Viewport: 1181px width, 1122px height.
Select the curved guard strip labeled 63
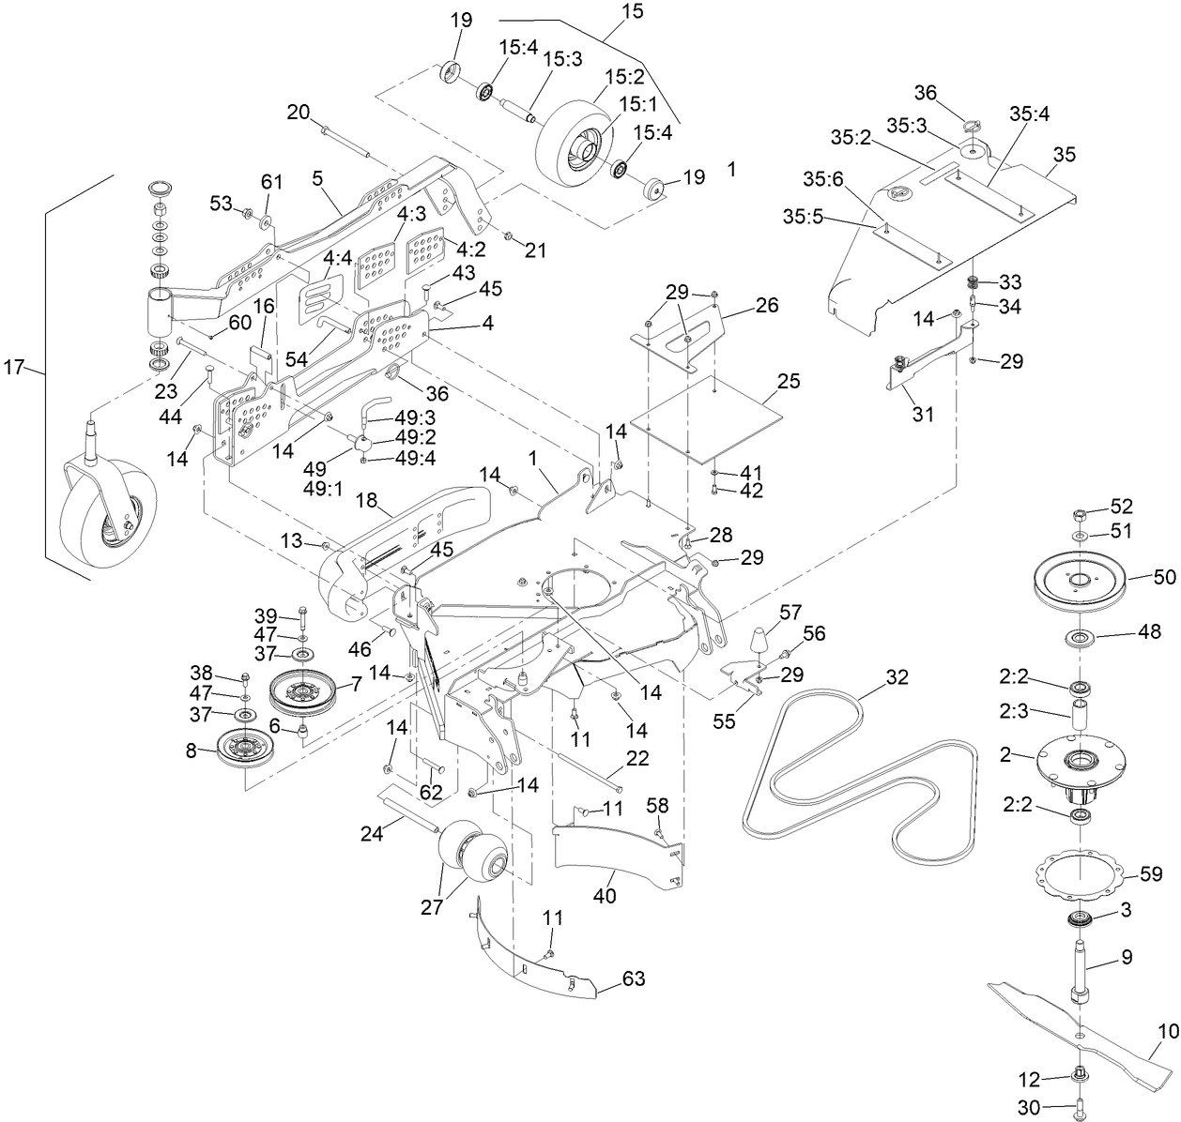tap(535, 962)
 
